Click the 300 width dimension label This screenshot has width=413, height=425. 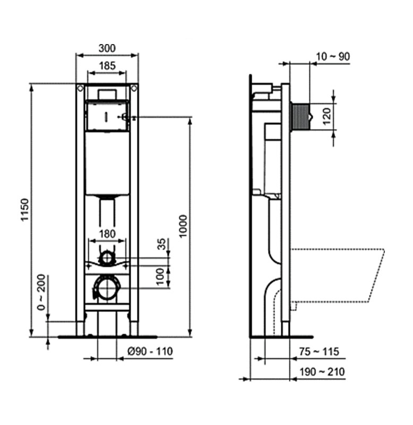(x=107, y=48)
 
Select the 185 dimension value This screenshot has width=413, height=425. (x=107, y=66)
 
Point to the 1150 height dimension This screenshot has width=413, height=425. (x=24, y=210)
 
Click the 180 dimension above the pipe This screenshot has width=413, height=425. (x=107, y=233)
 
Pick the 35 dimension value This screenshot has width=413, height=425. (x=161, y=245)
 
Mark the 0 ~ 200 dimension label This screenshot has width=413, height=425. (x=41, y=297)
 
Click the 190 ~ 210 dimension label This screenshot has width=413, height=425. (x=322, y=371)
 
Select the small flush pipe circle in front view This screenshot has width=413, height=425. (x=107, y=259)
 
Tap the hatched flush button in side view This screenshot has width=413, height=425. (x=300, y=114)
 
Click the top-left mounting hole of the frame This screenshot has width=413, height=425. (x=79, y=88)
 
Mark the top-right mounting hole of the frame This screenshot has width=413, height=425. (x=134, y=88)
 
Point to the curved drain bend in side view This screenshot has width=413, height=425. (x=271, y=295)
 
